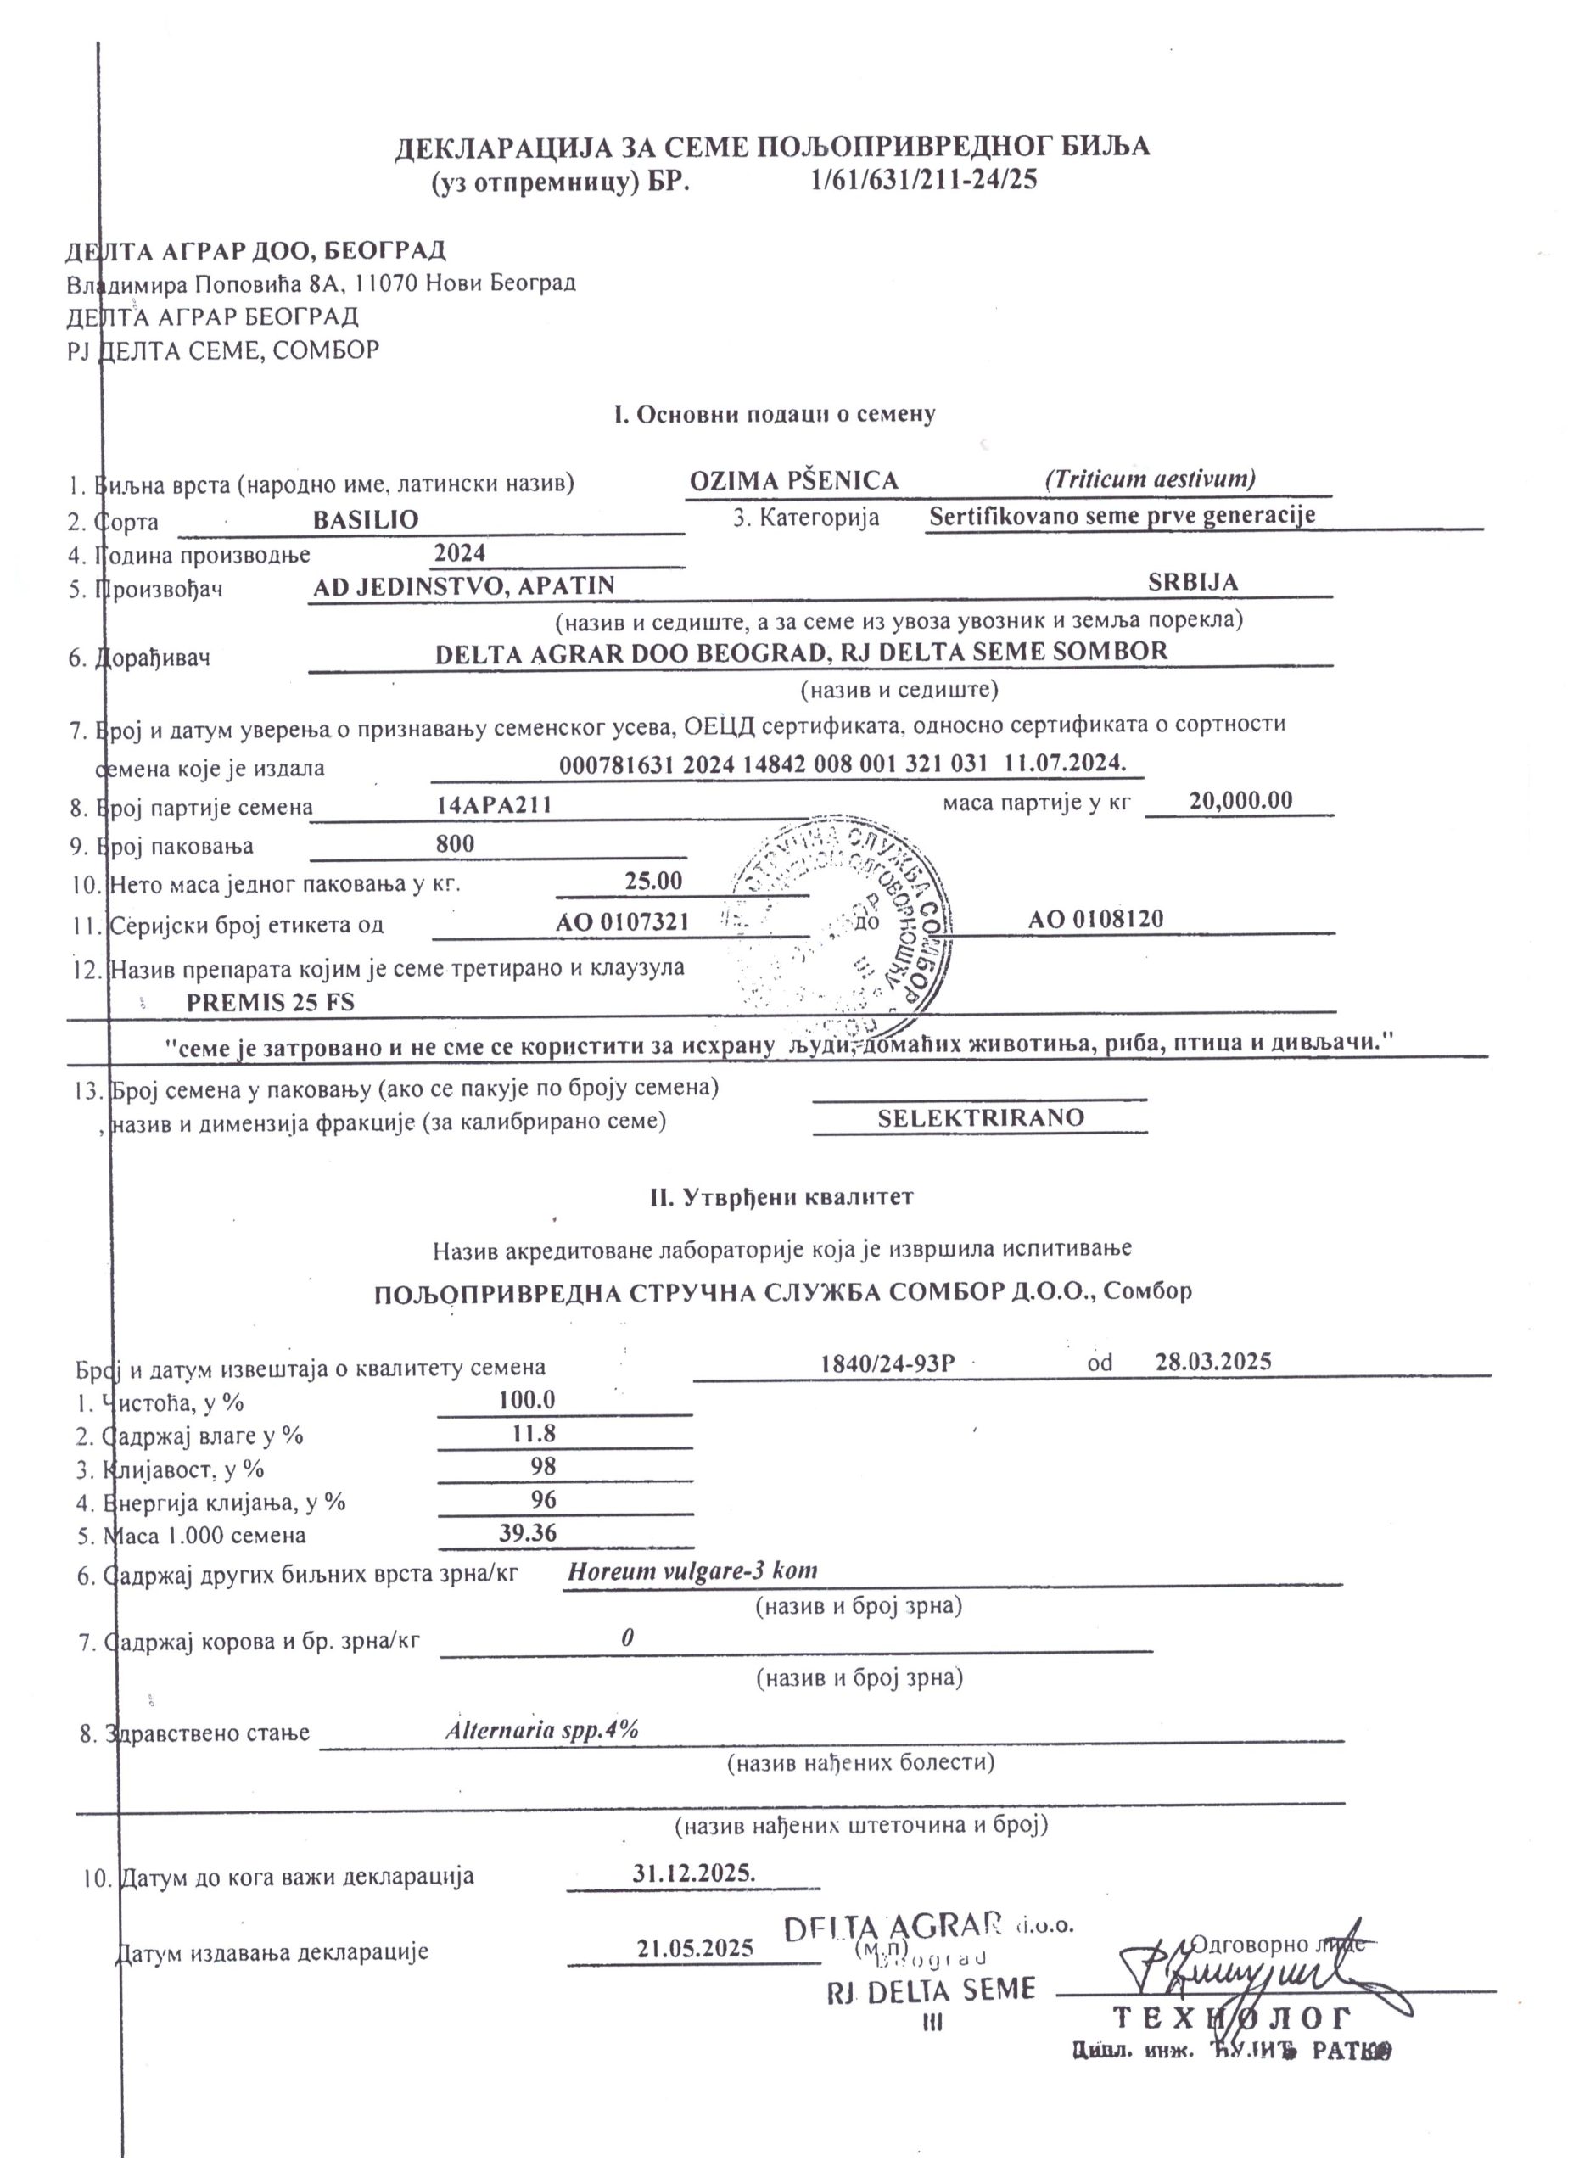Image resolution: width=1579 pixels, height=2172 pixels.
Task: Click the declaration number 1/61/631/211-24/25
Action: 923,180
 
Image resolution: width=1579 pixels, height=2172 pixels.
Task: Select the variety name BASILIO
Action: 366,520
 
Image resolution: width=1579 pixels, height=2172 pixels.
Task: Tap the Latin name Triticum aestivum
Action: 1149,478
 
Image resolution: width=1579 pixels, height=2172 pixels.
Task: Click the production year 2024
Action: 460,552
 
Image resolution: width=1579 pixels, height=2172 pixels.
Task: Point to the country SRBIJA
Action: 1192,582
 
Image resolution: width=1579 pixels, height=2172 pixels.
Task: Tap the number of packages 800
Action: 455,843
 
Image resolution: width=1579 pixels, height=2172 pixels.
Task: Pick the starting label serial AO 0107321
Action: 623,922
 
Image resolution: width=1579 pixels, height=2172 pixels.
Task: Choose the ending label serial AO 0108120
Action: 1095,920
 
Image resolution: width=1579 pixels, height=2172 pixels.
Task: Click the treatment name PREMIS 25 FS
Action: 270,1003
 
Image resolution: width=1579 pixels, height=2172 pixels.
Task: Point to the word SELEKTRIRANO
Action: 981,1117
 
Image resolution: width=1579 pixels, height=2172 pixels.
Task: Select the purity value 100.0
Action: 527,1400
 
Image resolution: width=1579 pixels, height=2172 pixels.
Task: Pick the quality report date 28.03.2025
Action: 1213,1361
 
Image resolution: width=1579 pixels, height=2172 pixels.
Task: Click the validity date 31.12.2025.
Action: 694,1873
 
